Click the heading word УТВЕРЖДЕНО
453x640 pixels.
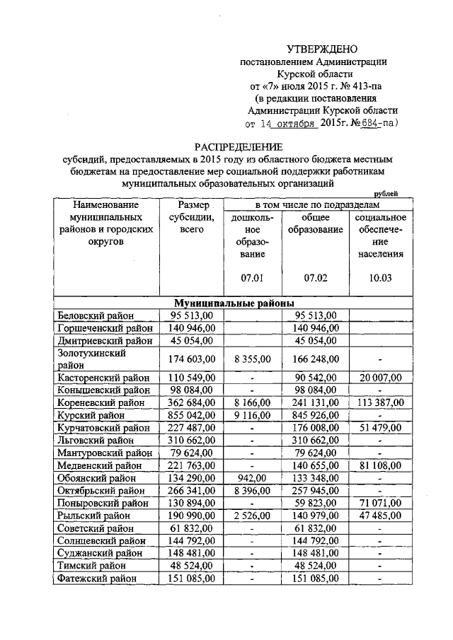pyautogui.click(x=322, y=49)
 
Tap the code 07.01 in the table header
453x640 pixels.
pyautogui.click(x=252, y=277)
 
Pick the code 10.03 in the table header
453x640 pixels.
pyautogui.click(x=381, y=277)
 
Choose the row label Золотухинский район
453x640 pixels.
pyautogui.click(x=91, y=359)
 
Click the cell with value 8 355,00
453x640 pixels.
pyautogui.click(x=252, y=359)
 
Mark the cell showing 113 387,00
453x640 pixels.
pyautogui.click(x=380, y=402)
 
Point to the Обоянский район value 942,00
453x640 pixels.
pyautogui.click(x=252, y=479)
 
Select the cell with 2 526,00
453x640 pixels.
pyautogui.click(x=252, y=516)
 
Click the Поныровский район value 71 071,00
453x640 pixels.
pyautogui.click(x=380, y=504)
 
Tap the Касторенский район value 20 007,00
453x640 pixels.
pyautogui.click(x=380, y=377)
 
